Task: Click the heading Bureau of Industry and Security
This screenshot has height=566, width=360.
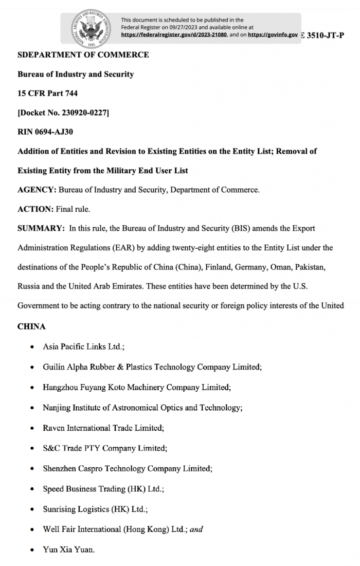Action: pyautogui.click(x=75, y=74)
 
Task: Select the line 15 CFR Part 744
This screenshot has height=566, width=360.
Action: pyautogui.click(x=47, y=93)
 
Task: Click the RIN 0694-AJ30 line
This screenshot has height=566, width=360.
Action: pyautogui.click(x=46, y=132)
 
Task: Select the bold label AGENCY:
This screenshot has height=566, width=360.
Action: pyautogui.click(x=36, y=190)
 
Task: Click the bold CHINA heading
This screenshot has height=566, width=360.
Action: pyautogui.click(x=31, y=327)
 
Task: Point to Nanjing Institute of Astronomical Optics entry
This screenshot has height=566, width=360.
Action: pyautogui.click(x=142, y=408)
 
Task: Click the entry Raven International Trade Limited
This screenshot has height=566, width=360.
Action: pyautogui.click(x=103, y=428)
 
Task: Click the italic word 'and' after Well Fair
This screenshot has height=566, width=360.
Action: pyautogui.click(x=196, y=529)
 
